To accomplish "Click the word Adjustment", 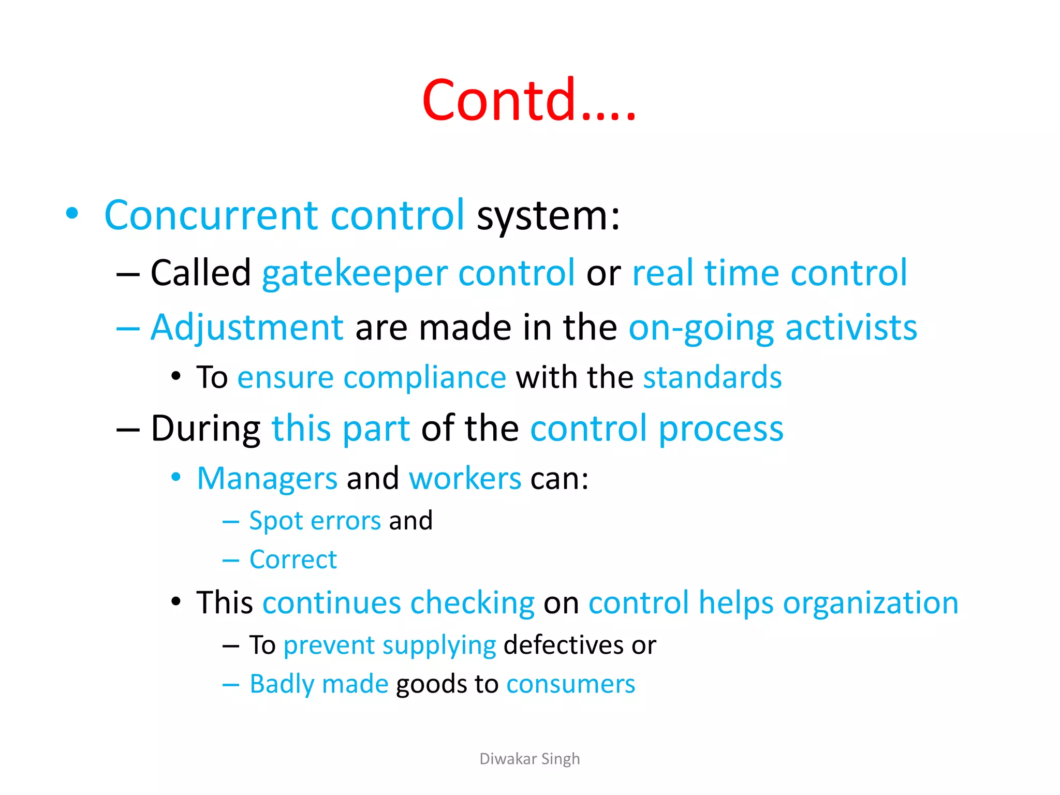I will point(247,328).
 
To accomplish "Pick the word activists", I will point(851,328).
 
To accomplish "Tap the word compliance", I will point(424,377).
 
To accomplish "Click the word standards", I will point(712,377).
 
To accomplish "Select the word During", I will point(205,429).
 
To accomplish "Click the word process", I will point(721,429).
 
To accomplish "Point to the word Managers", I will point(267,478).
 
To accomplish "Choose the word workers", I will point(465,478).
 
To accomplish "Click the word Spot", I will point(275,521).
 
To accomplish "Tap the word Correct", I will point(293,560).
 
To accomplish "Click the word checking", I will point(472,603).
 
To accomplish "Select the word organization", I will point(871,603).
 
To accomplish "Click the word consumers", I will point(570,684).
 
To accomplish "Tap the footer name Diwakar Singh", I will point(529,759).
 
